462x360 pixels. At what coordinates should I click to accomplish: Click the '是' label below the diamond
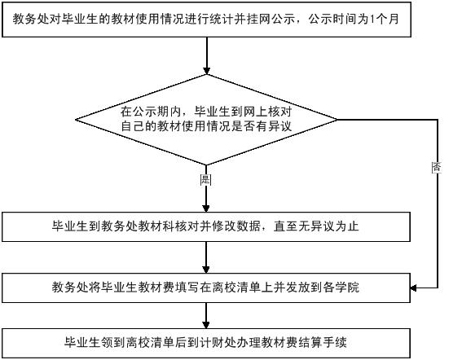[205, 180]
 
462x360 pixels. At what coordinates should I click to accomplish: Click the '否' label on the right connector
[437, 168]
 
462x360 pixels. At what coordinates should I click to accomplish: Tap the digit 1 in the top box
[372, 20]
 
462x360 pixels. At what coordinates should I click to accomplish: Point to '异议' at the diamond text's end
[279, 126]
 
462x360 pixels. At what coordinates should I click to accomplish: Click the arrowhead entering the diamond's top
[206, 70]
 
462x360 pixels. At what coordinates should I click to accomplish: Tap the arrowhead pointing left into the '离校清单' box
[414, 288]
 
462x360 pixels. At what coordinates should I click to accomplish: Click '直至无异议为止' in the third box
[316, 226]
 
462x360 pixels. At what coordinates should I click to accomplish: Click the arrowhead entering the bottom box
[206, 325]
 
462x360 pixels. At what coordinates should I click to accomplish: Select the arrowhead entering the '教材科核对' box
[206, 208]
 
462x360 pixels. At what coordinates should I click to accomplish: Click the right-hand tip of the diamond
[337, 120]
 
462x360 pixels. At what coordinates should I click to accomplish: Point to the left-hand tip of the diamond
[76, 120]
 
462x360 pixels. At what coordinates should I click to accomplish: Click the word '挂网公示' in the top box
[271, 20]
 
